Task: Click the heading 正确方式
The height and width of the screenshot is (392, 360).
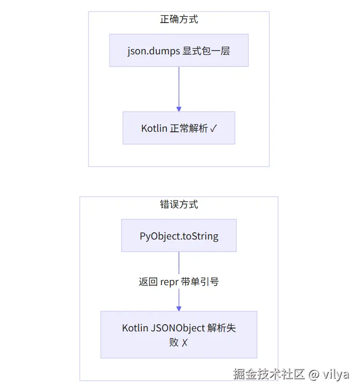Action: pyautogui.click(x=179, y=19)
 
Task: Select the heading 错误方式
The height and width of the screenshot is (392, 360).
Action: pyautogui.click(x=179, y=204)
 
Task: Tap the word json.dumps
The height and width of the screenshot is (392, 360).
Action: pyautogui.click(x=154, y=51)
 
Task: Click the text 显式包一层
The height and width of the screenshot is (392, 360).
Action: pyautogui.click(x=206, y=51)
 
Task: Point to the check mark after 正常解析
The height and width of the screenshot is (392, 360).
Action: pyautogui.click(x=213, y=128)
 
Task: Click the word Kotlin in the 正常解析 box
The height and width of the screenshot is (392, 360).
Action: pyautogui.click(x=154, y=128)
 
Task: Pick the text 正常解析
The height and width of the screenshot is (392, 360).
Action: pyautogui.click(x=189, y=128)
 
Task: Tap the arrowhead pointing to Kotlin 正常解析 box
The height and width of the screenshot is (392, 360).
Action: pyautogui.click(x=179, y=109)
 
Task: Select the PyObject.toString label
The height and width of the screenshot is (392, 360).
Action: pyautogui.click(x=179, y=236)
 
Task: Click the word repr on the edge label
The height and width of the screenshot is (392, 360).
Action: pyautogui.click(x=169, y=282)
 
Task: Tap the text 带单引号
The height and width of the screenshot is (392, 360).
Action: pyautogui.click(x=200, y=281)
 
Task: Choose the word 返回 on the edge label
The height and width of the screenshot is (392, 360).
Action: pyautogui.click(x=148, y=281)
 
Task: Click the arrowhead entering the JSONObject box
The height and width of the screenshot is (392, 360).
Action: pyautogui.click(x=179, y=309)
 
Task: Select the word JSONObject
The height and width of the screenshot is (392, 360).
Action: pyautogui.click(x=178, y=328)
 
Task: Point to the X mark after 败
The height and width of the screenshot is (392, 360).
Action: pyautogui.click(x=185, y=342)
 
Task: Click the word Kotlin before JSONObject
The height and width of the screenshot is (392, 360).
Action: pyautogui.click(x=135, y=328)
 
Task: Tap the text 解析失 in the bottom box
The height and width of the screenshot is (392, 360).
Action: pyautogui.click(x=222, y=328)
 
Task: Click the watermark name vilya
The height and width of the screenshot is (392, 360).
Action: pyautogui.click(x=335, y=374)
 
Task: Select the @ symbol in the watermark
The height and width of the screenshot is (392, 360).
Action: pyautogui.click(x=313, y=374)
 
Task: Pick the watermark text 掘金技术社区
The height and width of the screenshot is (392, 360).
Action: pyautogui.click(x=269, y=374)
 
